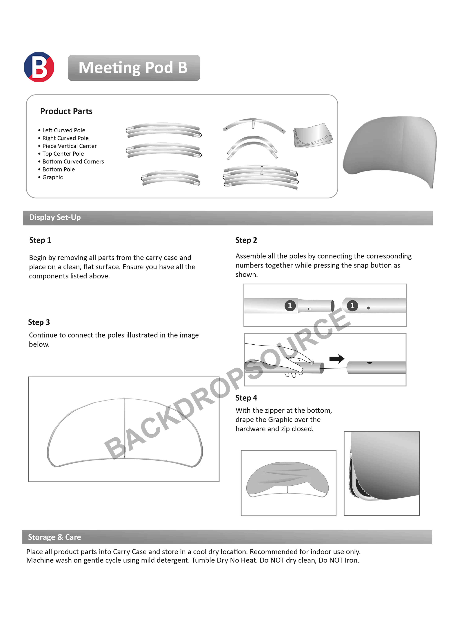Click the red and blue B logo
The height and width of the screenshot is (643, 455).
click(x=39, y=67)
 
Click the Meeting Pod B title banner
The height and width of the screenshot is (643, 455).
click(x=134, y=68)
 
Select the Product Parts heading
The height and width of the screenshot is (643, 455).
click(x=66, y=111)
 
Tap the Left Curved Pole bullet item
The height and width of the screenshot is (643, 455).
click(x=64, y=130)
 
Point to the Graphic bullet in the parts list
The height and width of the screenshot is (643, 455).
click(x=52, y=177)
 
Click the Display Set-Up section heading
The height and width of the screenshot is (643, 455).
click(x=55, y=217)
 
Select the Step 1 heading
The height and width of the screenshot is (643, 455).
click(x=40, y=240)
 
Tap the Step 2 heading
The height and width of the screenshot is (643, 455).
click(x=246, y=240)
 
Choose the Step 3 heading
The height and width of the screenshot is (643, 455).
click(x=39, y=322)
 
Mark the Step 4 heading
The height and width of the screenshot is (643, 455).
click(x=246, y=398)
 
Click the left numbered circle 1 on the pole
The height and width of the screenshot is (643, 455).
click(x=290, y=306)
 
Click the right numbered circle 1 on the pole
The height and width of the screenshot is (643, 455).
click(x=352, y=306)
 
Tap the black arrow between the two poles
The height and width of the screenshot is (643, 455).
click(x=337, y=359)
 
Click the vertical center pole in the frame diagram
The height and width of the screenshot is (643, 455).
click(x=124, y=429)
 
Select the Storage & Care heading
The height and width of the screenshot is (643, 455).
click(x=54, y=537)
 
